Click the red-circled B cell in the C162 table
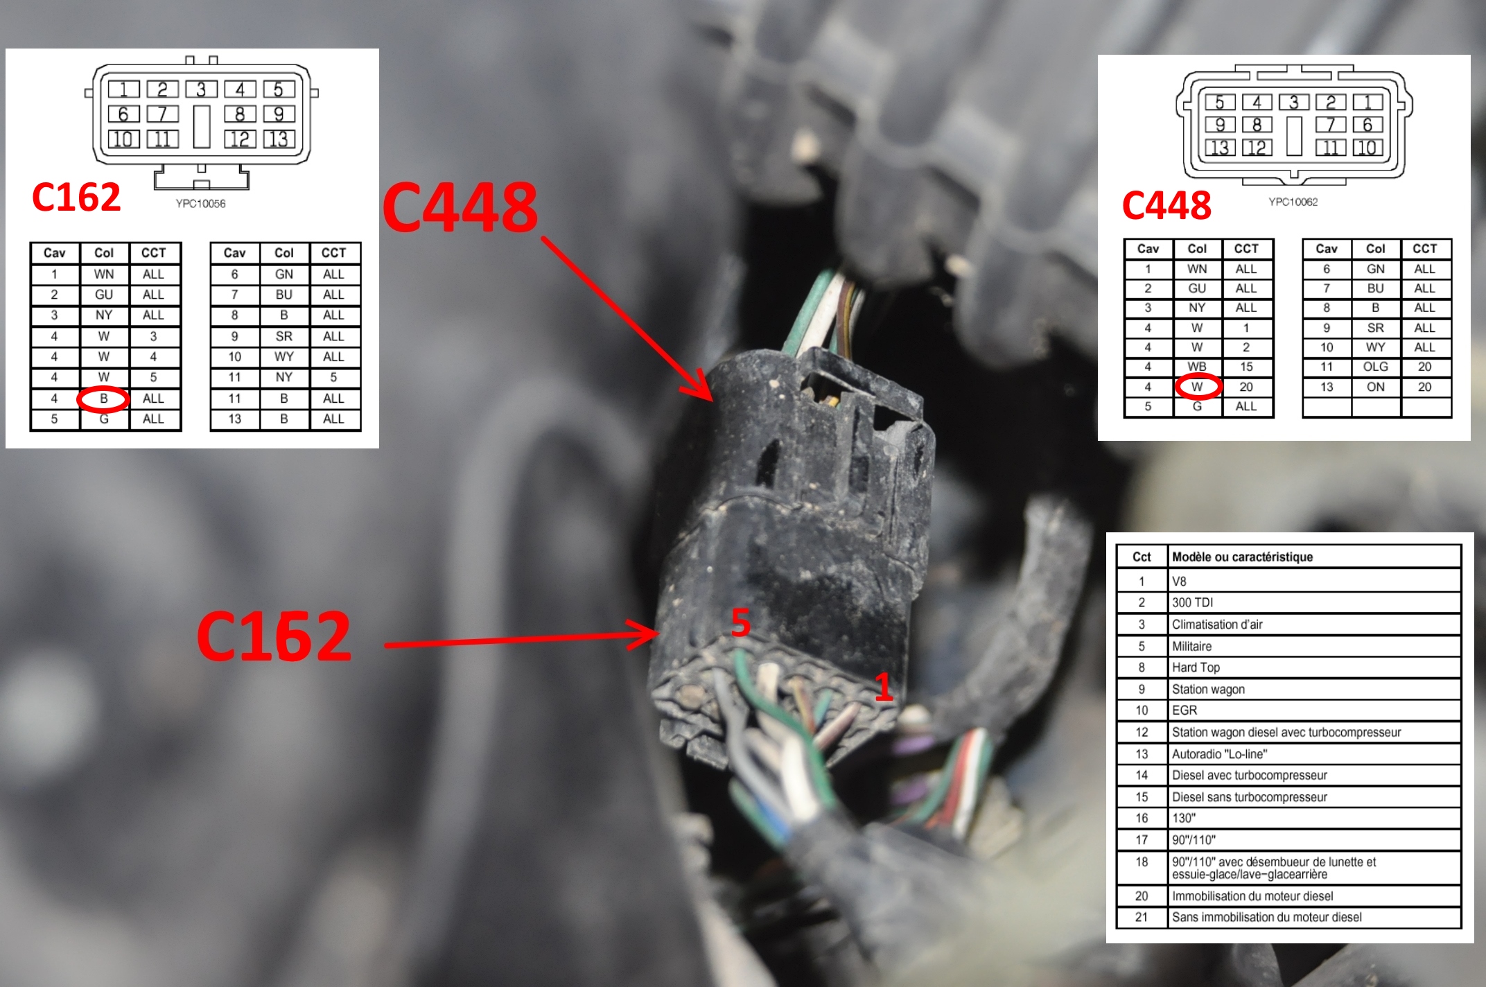(x=103, y=399)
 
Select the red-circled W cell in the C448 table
(x=1197, y=387)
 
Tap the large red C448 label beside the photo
(x=460, y=207)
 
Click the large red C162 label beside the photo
(x=274, y=636)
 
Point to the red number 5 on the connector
(x=741, y=622)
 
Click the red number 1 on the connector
(x=883, y=687)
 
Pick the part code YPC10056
(x=200, y=204)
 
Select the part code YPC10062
(x=1293, y=202)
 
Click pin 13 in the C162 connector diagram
(x=279, y=139)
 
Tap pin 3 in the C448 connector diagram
(x=1293, y=103)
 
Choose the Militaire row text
(x=1192, y=647)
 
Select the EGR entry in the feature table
(x=1185, y=710)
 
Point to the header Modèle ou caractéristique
(x=1242, y=557)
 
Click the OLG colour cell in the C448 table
(x=1376, y=367)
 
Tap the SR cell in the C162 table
(x=284, y=336)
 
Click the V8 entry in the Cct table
(x=1179, y=582)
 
